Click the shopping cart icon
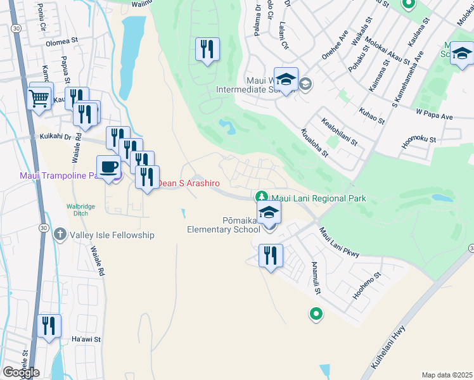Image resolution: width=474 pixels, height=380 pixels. [39, 98]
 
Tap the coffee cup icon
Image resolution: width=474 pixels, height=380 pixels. [108, 167]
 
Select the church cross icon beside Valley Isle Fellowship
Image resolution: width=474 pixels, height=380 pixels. [60, 234]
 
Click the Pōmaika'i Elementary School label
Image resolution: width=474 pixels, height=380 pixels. [224, 225]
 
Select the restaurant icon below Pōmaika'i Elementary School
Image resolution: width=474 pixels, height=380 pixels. [271, 255]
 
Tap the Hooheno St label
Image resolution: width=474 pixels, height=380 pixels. [366, 285]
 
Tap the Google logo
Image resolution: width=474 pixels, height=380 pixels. [21, 372]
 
